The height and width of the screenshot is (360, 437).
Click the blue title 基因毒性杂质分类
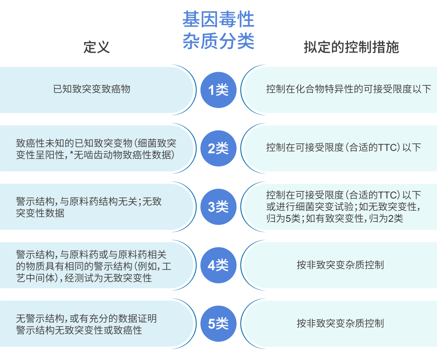pos(218,30)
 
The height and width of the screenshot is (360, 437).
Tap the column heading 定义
pos(96,47)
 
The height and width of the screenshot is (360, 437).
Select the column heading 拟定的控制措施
pos(351,47)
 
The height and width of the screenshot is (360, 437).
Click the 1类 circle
pos(218,90)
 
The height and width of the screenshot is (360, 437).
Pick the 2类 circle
pos(218,148)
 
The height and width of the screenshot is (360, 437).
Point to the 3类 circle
pos(218,207)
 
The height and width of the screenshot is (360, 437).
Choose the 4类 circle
pos(218,265)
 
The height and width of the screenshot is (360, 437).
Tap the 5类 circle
pos(218,324)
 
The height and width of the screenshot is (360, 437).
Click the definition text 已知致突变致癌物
pos(92,89)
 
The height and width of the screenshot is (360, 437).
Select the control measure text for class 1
pos(349,89)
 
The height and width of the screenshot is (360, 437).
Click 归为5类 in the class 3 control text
pos(283,218)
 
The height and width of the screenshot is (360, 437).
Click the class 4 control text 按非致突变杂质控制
pos(340,264)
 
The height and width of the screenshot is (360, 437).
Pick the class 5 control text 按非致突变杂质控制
pos(340,323)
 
